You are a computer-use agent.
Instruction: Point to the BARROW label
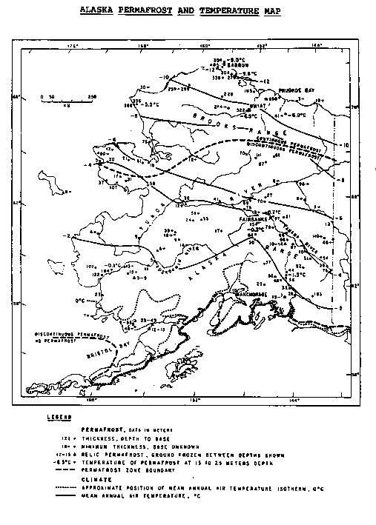point(240,64)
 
